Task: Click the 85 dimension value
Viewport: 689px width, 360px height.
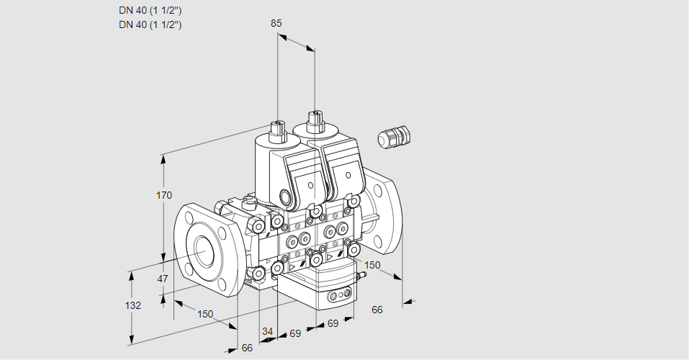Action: pos(276,24)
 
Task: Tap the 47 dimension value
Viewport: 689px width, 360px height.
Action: pos(163,279)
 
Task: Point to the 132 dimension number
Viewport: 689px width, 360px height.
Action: pos(133,305)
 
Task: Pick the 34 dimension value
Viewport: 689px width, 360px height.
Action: pos(267,332)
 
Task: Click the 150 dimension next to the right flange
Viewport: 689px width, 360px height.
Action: pos(372,265)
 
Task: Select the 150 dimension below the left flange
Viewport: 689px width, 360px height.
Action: pos(206,314)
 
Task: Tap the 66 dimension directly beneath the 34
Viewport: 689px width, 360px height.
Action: pos(247,348)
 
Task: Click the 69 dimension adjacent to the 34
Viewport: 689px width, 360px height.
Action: pos(294,333)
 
